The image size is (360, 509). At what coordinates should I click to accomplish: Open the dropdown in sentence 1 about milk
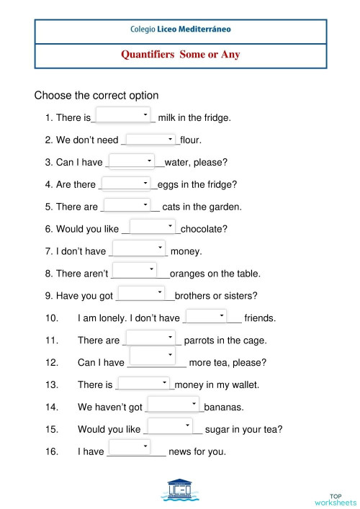(123, 114)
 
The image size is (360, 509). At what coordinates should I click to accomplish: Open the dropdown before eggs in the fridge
(126, 183)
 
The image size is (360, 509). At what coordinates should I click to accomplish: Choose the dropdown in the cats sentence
(127, 204)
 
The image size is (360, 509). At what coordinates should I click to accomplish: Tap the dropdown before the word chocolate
(153, 227)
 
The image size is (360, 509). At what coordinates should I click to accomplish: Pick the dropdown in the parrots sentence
(150, 338)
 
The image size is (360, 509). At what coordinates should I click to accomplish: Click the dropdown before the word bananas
(173, 405)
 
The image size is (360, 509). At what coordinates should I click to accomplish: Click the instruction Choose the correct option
(96, 95)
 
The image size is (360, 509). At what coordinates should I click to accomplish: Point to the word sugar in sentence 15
(219, 430)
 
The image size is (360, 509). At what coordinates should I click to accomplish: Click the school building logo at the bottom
(180, 490)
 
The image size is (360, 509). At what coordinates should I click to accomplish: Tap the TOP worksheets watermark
(335, 499)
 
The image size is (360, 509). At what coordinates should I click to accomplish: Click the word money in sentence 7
(185, 251)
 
